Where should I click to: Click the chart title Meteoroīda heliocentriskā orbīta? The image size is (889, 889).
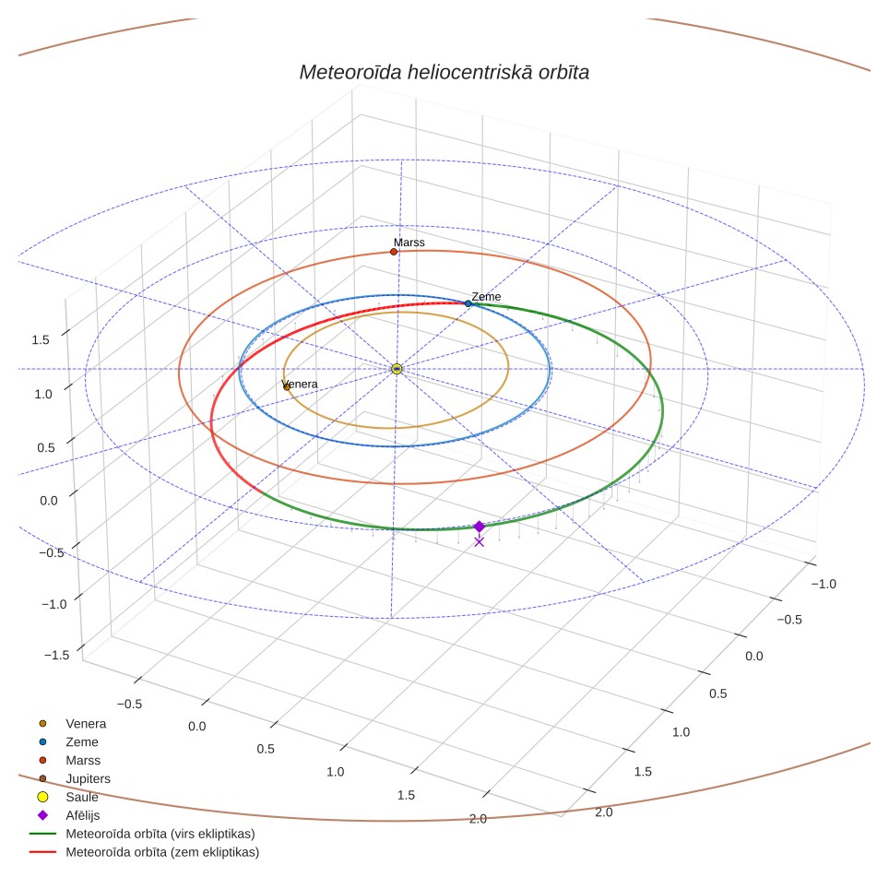[x=444, y=72]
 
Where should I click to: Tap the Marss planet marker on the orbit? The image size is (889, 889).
[x=394, y=252]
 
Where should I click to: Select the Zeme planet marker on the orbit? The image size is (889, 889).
[x=468, y=304]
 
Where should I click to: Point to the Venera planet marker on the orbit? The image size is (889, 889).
[x=286, y=387]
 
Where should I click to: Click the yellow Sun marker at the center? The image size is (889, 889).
[x=397, y=369]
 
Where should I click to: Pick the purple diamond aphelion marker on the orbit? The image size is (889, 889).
[x=480, y=527]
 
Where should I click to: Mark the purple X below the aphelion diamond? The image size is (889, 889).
[x=480, y=542]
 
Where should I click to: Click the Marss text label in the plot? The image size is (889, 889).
[x=409, y=243]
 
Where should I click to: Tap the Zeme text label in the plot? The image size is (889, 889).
[x=486, y=297]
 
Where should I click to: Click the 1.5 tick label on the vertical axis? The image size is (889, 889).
[x=41, y=339]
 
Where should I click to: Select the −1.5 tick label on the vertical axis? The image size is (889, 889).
[x=56, y=655]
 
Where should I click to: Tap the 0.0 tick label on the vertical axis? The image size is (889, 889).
[x=49, y=501]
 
